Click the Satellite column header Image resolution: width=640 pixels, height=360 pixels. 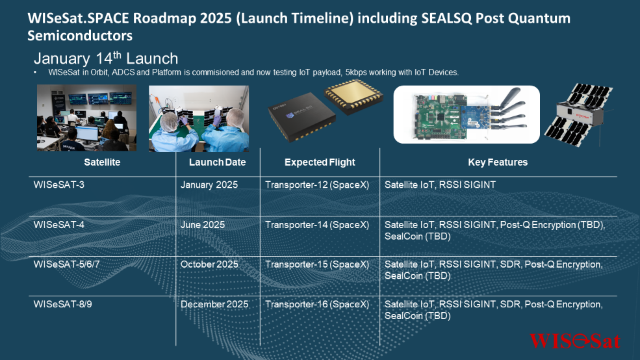pos(102,162)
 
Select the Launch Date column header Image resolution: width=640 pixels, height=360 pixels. pos(217,162)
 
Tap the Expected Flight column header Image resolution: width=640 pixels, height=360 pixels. pos(320,162)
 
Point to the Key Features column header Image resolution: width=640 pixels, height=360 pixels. pos(498,162)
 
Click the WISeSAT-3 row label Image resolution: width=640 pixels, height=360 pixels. pos(58,185)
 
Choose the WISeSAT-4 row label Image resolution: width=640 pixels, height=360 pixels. pos(58,224)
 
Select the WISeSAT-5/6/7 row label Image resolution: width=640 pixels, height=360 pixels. pos(66,264)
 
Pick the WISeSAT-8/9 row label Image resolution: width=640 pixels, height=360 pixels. pos(62,304)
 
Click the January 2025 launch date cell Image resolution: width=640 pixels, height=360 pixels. pos(209,185)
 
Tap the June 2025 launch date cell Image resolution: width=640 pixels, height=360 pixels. pos(203,224)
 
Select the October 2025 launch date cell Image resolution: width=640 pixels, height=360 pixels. pos(209,264)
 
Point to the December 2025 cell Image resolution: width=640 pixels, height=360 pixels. pos(214,304)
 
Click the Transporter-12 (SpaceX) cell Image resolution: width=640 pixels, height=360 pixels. pos(317,185)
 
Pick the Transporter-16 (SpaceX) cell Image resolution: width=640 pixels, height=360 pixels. pos(317,304)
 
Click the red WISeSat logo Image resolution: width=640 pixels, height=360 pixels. pos(574,341)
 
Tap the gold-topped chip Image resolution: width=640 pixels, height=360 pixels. pos(353,96)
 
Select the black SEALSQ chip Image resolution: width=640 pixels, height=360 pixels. pos(301,117)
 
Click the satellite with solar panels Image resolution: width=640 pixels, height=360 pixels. pos(579,114)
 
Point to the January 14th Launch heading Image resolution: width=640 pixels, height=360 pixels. pos(106,58)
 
